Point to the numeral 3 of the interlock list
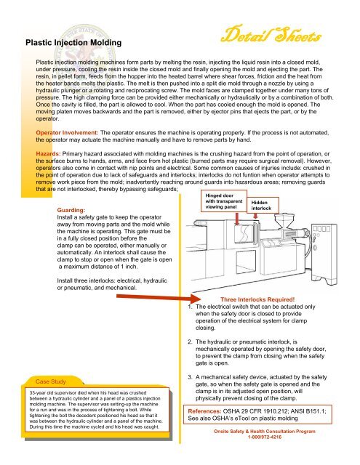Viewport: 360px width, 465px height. tap(191, 376)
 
